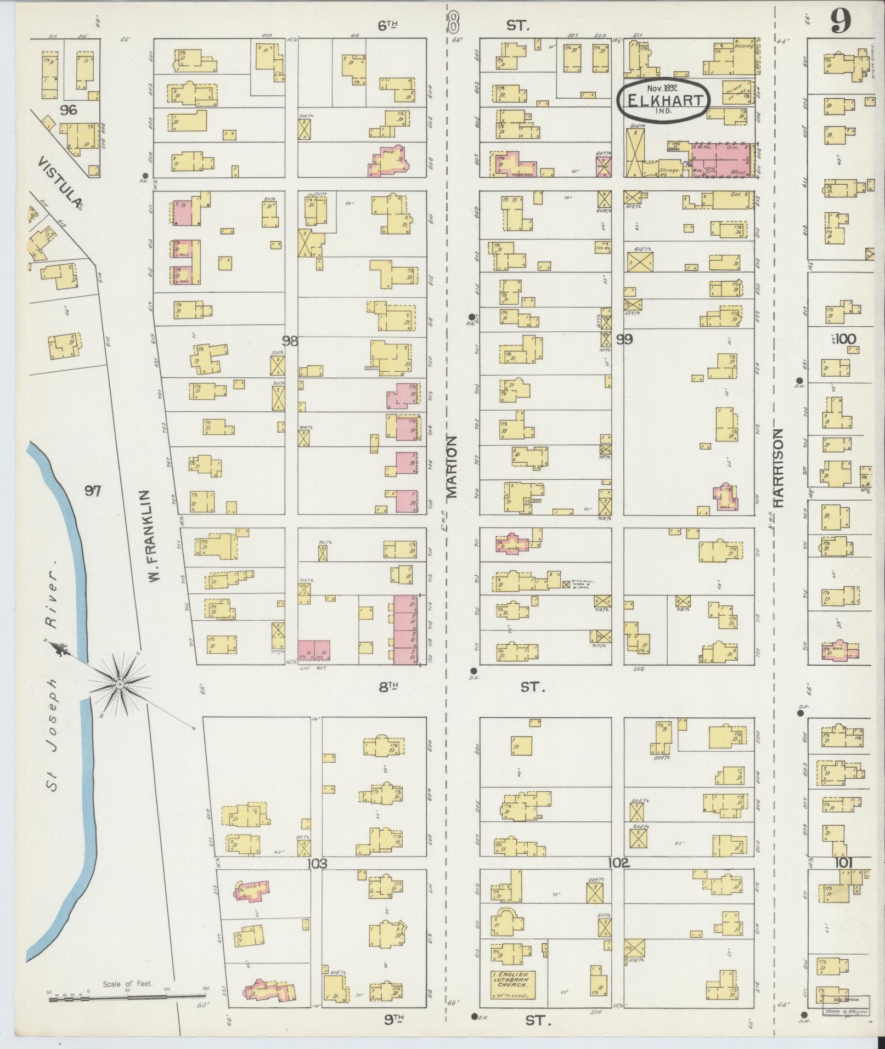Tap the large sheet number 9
(x=840, y=22)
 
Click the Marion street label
(x=452, y=466)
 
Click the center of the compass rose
(x=120, y=685)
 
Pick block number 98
(x=289, y=341)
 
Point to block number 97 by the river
(x=92, y=491)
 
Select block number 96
(x=69, y=110)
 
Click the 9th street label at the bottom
(x=394, y=1019)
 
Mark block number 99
(x=624, y=340)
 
